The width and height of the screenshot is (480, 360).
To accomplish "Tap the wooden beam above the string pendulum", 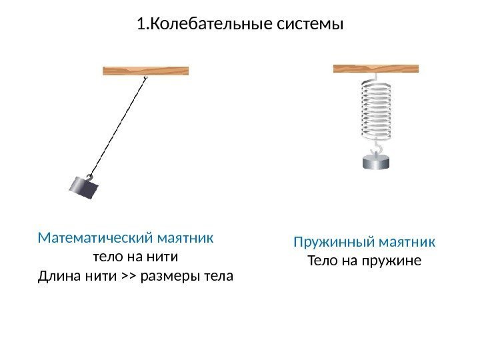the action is (x=145, y=71).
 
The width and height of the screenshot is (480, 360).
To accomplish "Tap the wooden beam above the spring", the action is (x=375, y=68).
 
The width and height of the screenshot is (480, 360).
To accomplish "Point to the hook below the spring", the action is (x=377, y=146).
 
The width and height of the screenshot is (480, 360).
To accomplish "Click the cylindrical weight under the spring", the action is (x=376, y=161).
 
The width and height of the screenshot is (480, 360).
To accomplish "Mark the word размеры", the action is (x=172, y=275).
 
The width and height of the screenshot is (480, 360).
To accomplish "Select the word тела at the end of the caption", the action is (x=220, y=275).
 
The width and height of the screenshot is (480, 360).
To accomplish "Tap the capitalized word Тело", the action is (x=321, y=260).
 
